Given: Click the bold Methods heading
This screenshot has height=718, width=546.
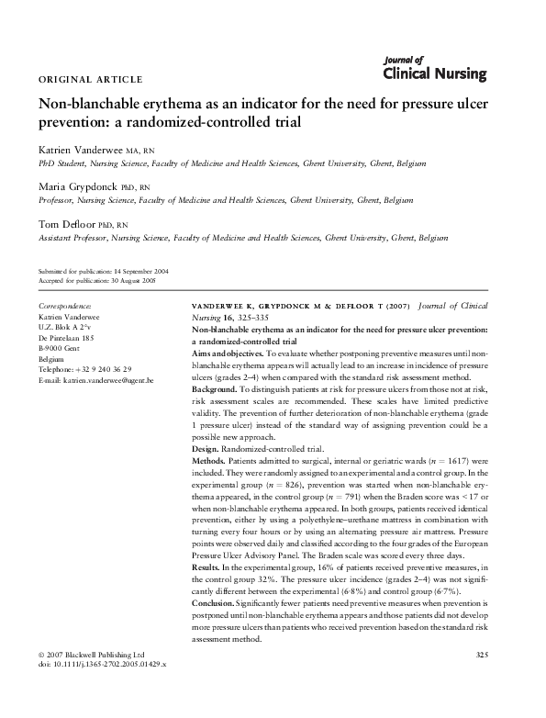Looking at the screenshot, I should coord(207,458).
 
